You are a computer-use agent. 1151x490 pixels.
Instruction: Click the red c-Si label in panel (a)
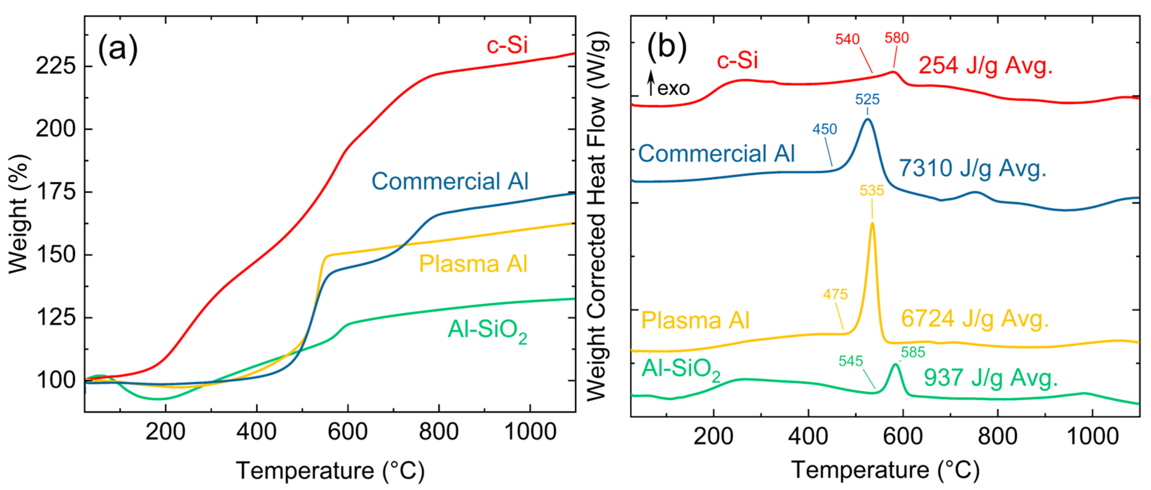pyautogui.click(x=507, y=45)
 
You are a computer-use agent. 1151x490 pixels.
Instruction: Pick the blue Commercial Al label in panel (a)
pyautogui.click(x=450, y=181)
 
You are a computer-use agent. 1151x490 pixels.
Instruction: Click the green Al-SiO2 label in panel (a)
pyautogui.click(x=487, y=331)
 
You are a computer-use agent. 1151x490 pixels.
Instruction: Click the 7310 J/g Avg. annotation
pyautogui.click(x=972, y=168)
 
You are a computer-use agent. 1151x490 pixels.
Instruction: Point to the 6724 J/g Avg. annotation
pyautogui.click(x=974, y=319)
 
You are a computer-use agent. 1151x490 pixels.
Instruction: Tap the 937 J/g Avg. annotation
pyautogui.click(x=990, y=378)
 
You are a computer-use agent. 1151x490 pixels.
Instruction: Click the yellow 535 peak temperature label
pyautogui.click(x=871, y=191)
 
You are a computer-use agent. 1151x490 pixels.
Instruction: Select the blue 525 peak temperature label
pyautogui.click(x=867, y=99)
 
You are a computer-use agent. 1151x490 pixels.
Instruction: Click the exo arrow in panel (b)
pyautogui.click(x=651, y=83)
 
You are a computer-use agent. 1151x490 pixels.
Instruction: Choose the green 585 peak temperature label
pyautogui.click(x=912, y=352)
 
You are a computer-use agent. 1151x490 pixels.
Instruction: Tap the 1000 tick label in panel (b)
pyautogui.click(x=1092, y=436)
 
